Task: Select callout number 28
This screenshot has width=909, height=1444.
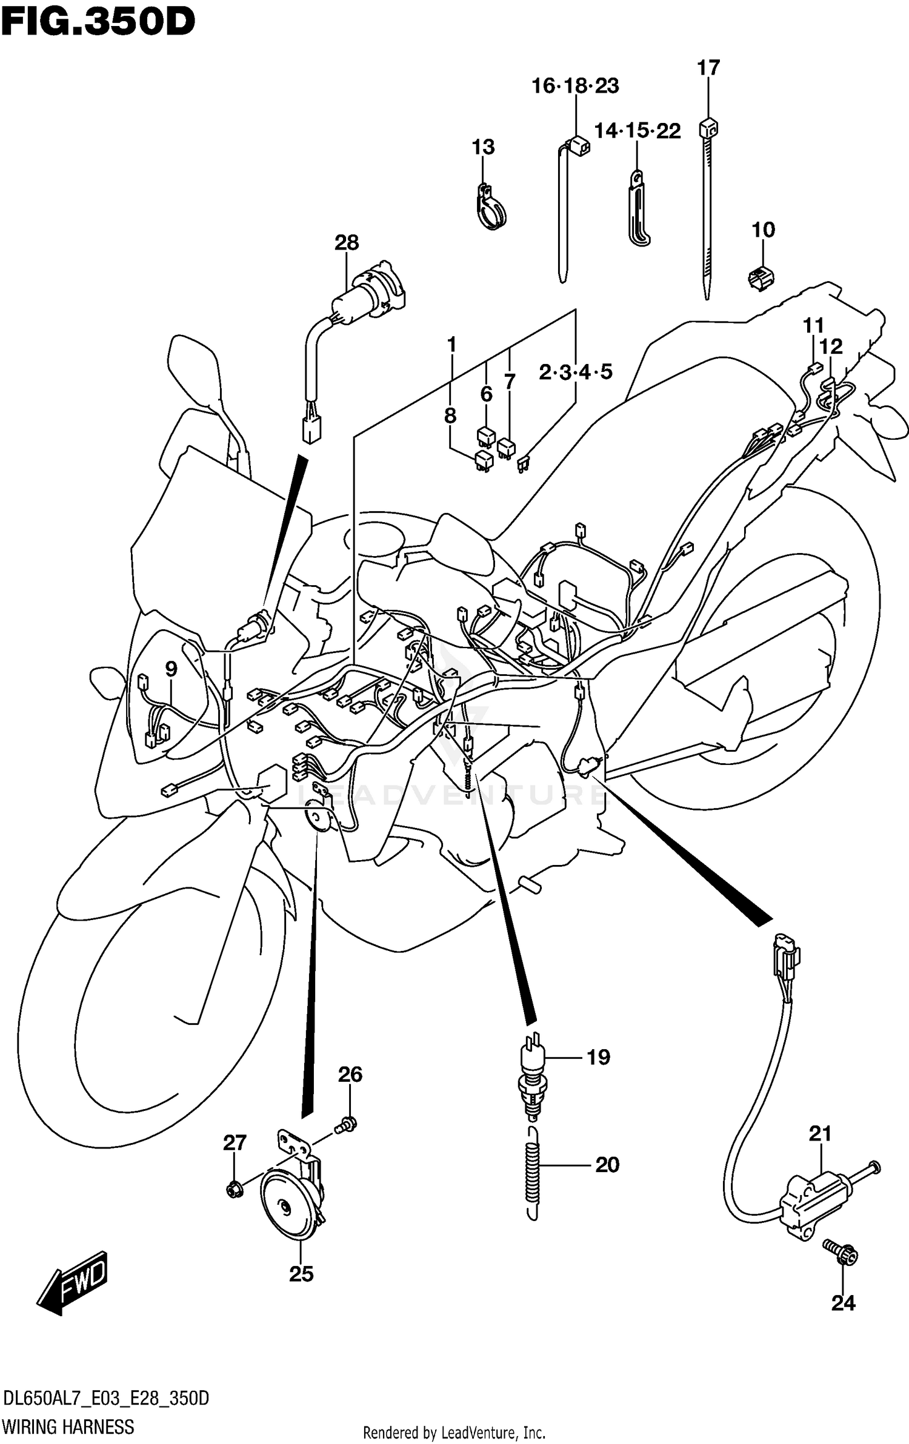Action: [347, 243]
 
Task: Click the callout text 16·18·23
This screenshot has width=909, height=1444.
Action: [575, 86]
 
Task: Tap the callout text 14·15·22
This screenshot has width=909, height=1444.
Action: [637, 131]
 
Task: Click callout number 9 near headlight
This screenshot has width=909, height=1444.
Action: [171, 669]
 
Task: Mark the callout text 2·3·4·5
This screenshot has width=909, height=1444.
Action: [575, 372]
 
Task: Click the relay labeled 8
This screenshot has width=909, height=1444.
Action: [484, 460]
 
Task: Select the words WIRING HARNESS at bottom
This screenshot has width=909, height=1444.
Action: [68, 1426]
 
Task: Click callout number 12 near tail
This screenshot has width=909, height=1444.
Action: [831, 346]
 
